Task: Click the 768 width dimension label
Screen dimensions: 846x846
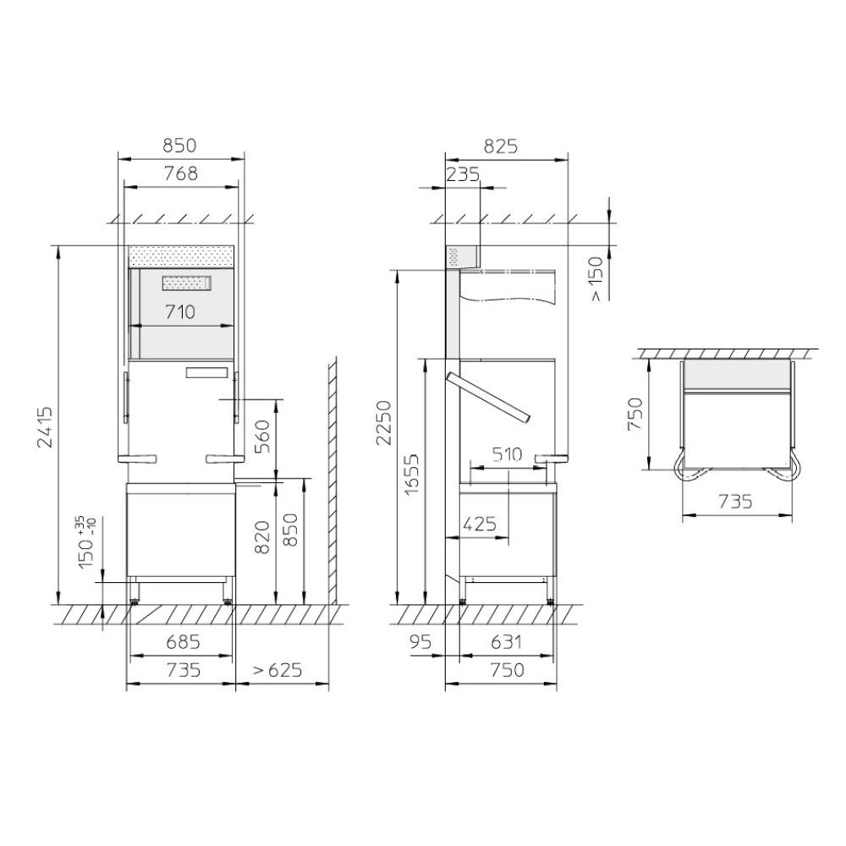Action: coord(181,173)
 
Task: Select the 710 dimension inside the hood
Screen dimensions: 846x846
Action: coord(180,312)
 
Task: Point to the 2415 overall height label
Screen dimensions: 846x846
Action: coord(46,426)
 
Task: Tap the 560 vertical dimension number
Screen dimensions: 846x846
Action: coord(261,437)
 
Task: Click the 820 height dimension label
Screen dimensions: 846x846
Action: coord(261,537)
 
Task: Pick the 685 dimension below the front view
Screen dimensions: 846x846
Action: coord(183,642)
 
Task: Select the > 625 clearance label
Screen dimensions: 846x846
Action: coord(277,670)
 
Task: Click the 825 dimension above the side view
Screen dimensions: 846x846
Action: coord(501,146)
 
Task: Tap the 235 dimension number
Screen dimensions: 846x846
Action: coord(463,173)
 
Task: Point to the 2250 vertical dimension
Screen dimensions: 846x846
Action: coord(383,422)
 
